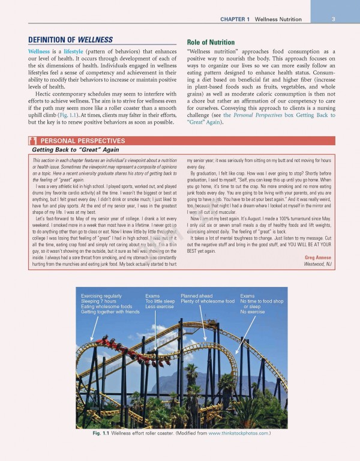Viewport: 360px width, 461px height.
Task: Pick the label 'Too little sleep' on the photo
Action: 160,301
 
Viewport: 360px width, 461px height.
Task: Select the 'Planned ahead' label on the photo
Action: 196,296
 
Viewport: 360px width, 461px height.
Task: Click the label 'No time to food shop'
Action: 262,301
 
